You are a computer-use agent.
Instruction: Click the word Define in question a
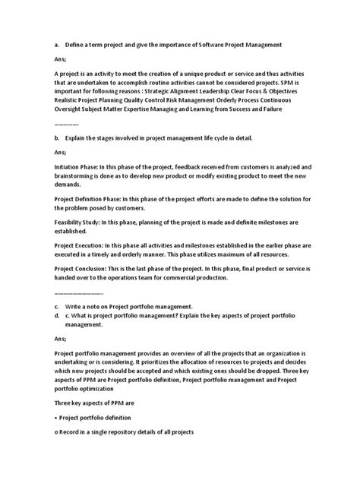click(77, 46)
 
